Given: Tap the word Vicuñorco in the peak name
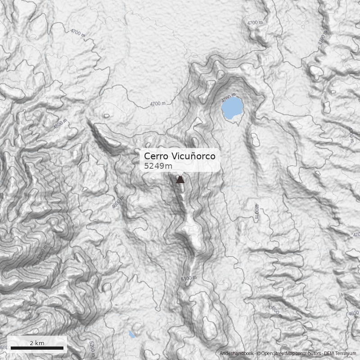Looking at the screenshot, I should click(193, 156).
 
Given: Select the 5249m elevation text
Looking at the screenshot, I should click(158, 166).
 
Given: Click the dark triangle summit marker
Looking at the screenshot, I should click(180, 180).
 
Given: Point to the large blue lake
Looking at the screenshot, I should click(232, 108).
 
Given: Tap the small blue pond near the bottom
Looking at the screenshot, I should click(131, 334).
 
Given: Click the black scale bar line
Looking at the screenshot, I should click(37, 348).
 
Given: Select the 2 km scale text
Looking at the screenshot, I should click(37, 343).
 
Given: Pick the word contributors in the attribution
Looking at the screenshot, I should click(307, 354).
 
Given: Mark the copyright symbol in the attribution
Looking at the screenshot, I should click(258, 354).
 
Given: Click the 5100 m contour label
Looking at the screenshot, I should click(189, 279).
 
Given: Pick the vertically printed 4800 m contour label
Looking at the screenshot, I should click(256, 211).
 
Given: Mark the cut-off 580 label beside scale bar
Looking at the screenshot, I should click(4, 348).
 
